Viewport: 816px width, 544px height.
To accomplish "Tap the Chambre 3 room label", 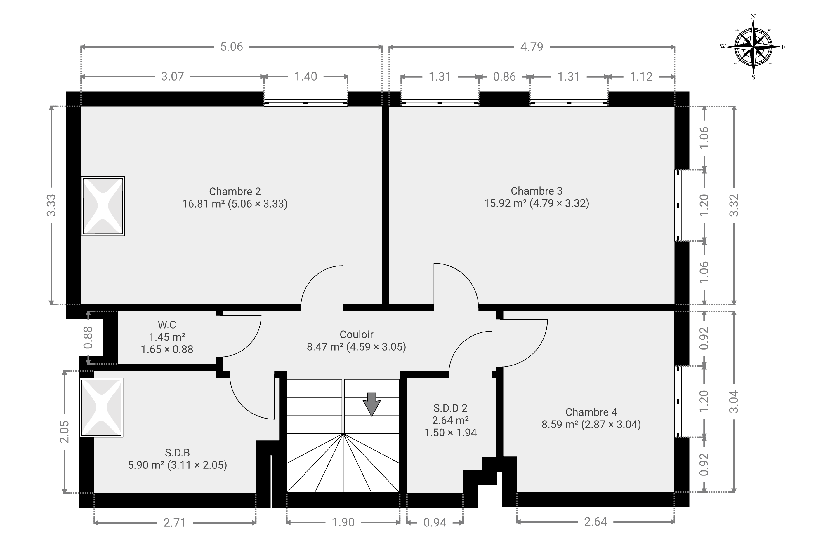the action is point(536,191).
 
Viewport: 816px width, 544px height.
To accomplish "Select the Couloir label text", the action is point(357,334).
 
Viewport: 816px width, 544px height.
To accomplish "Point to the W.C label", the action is point(167,325).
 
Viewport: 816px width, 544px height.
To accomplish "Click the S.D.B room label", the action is point(177,453).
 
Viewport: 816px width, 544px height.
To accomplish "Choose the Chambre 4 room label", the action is point(591,412).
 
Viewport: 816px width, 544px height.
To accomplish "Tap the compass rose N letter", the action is point(753,17).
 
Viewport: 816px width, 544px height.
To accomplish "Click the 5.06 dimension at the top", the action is point(232,47).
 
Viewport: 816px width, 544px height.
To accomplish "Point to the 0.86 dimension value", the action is point(504,77).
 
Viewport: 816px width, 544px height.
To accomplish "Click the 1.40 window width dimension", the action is point(305,77).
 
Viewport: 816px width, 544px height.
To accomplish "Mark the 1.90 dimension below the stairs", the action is point(343,522).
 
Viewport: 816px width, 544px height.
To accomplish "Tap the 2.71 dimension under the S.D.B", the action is point(175,523).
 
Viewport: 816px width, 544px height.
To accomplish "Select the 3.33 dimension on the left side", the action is point(51,205).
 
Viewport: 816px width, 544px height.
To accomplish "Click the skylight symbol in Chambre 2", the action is point(103,206).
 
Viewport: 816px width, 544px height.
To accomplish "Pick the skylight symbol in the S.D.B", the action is point(101,407).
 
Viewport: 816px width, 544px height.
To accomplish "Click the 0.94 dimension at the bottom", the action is point(435,522).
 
